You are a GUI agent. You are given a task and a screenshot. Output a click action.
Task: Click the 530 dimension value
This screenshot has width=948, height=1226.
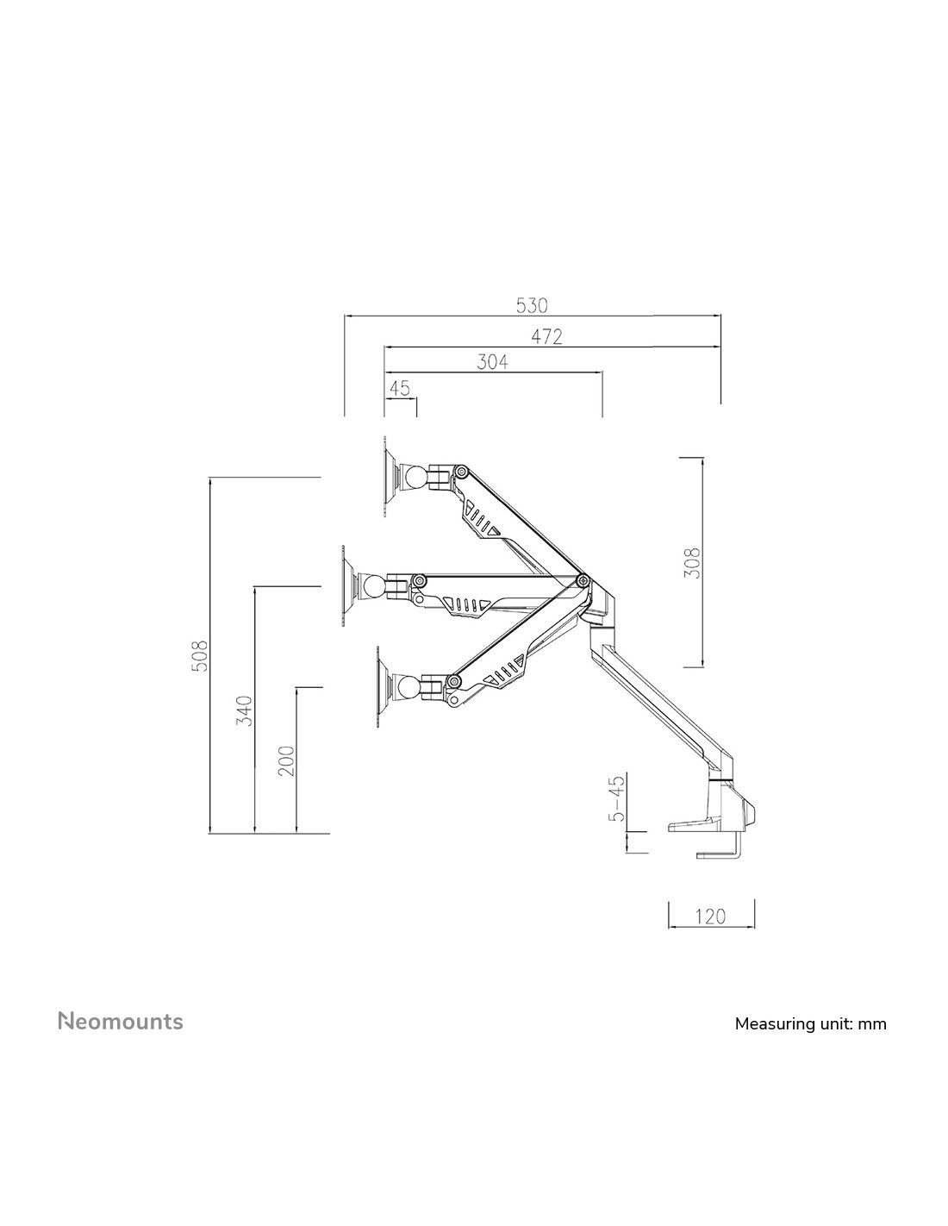[532, 305]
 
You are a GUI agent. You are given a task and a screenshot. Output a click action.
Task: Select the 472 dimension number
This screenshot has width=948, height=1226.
[546, 337]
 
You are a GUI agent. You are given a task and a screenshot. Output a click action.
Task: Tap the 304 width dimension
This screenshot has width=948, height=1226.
[492, 362]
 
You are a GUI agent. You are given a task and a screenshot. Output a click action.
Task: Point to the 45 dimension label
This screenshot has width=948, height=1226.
[400, 388]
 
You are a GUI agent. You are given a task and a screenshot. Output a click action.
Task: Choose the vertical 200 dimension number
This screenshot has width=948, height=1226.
[287, 760]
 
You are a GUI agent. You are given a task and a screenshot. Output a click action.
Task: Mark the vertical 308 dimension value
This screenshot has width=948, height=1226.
[692, 563]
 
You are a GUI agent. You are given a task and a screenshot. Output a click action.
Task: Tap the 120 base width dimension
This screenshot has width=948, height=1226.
[710, 916]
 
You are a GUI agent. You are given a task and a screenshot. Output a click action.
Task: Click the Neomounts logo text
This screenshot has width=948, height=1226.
[121, 1022]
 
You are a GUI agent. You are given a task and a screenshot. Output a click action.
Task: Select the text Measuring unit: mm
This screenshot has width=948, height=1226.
[810, 1023]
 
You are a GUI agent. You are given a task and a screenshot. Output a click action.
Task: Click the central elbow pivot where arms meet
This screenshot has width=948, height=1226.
[582, 579]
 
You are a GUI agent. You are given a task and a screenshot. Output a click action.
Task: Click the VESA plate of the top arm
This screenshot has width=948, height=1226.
[385, 476]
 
